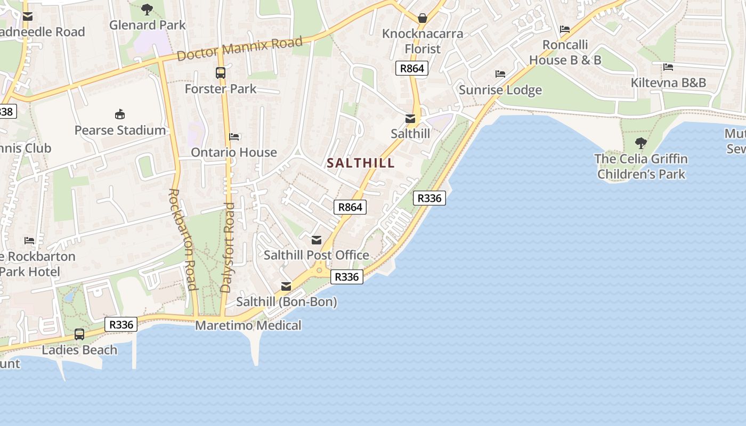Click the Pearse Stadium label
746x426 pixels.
pyautogui.click(x=120, y=130)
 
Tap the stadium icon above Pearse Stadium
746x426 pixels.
pyautogui.click(x=120, y=114)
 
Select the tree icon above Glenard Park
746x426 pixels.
pyautogui.click(x=147, y=9)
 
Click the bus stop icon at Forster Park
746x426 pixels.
pyautogui.click(x=220, y=72)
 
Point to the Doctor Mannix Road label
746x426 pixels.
pyautogui.click(x=240, y=48)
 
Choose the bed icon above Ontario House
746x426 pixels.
pyautogui.click(x=234, y=137)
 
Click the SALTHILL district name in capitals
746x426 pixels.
pyautogui.click(x=361, y=163)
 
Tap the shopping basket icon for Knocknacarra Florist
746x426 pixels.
pyautogui.click(x=423, y=18)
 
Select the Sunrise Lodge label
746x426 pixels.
pyautogui.click(x=500, y=90)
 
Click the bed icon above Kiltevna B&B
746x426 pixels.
pyautogui.click(x=668, y=67)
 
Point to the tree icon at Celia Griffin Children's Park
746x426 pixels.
pyautogui.click(x=641, y=143)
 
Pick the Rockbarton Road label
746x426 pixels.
pyautogui.click(x=183, y=239)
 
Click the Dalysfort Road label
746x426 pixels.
pyautogui.click(x=227, y=247)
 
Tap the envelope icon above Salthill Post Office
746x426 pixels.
pyautogui.click(x=317, y=240)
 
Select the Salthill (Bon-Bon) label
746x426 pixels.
pyautogui.click(x=287, y=302)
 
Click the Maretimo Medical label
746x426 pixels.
pyautogui.click(x=248, y=325)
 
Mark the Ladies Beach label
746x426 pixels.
pyautogui.click(x=79, y=350)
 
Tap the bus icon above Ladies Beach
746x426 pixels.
pyautogui.click(x=79, y=334)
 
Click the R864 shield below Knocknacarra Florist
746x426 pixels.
pyautogui.click(x=412, y=68)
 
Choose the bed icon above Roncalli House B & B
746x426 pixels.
pyautogui.click(x=565, y=29)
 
